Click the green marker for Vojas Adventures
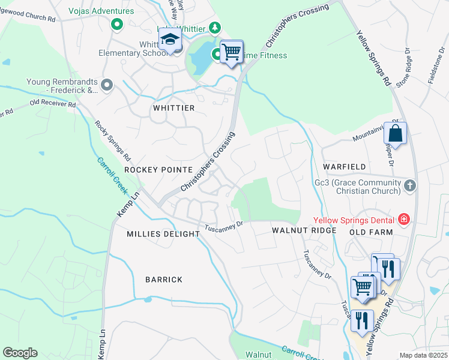pos(117,25)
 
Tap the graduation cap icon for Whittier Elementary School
pos(170,40)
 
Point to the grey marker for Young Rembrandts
pos(107,85)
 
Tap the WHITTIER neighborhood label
pos(173,108)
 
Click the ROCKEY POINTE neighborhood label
pos(158,170)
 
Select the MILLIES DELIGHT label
pos(163,234)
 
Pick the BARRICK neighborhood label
pos(164,280)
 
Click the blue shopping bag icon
pos(395,133)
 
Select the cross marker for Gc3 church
pos(410,185)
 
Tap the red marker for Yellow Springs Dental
pos(403,219)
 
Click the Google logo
pos(20,353)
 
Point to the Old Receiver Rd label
pos(53,104)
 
